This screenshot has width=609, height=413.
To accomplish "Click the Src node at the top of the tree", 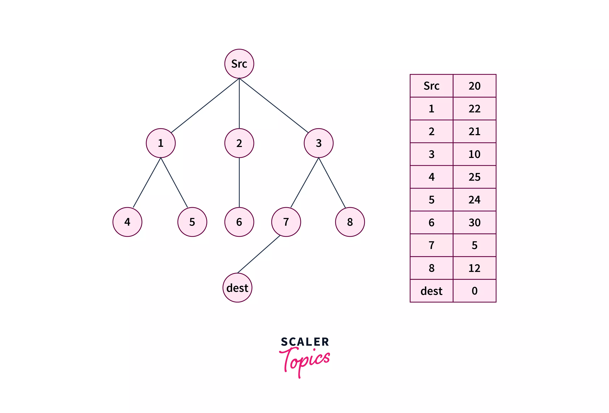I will [x=239, y=64].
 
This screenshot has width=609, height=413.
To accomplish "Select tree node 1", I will [x=161, y=143].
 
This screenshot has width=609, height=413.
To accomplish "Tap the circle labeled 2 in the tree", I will [x=239, y=143].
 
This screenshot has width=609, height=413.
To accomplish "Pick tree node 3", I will [x=318, y=143].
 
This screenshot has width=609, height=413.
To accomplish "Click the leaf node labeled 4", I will [x=127, y=222].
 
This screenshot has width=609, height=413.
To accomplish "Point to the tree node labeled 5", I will [x=192, y=222].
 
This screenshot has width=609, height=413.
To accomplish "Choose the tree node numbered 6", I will [x=239, y=222].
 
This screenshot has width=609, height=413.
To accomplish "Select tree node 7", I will [x=286, y=222].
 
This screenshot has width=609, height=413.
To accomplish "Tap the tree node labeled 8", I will [x=350, y=222].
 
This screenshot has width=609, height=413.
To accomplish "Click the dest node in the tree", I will [x=237, y=288].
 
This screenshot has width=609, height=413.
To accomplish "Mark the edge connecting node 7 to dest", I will [x=259, y=254].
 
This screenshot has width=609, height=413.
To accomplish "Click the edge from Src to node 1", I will [x=205, y=105].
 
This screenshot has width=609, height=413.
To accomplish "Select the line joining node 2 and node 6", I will [x=239, y=182].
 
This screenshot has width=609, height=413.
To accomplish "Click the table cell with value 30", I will [x=474, y=222].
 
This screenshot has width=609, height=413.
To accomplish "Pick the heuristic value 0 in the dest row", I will [x=474, y=291].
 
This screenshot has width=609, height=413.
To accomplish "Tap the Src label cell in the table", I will [x=431, y=86].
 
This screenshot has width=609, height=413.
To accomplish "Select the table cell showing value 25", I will [x=474, y=177].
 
